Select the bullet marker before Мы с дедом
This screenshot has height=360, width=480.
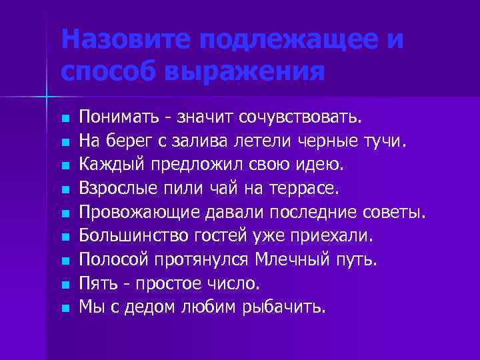point(64,308)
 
